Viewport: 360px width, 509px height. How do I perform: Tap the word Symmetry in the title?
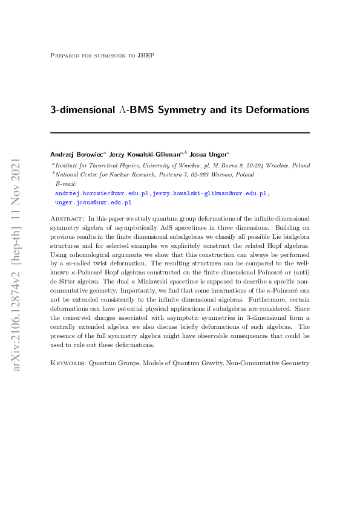171,111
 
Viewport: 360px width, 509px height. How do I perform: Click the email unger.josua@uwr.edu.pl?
93,203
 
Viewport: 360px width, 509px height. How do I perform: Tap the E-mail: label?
66,184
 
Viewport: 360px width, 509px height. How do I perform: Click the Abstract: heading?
67,218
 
